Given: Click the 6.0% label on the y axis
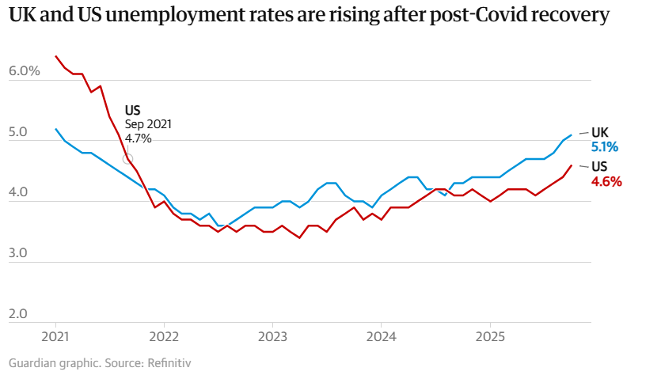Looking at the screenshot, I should tap(24, 71).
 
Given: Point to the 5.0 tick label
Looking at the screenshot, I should tap(19, 132).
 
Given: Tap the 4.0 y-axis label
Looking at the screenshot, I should tap(19, 192).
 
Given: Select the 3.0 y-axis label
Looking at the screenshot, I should tap(19, 253).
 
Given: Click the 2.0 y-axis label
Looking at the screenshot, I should tap(19, 314).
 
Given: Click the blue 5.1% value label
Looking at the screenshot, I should tap(605, 146).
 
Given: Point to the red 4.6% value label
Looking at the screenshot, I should tap(606, 181).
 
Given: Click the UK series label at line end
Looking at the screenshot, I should tap(601, 132).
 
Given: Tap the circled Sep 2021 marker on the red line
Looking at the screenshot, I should tap(128, 158).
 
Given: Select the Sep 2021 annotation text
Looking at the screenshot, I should tap(148, 124).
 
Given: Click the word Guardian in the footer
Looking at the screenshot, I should tap(32, 363).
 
